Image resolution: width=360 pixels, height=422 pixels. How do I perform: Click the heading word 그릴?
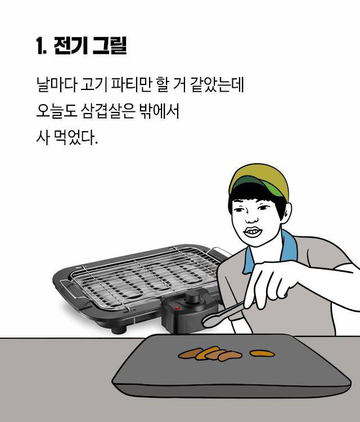click(109, 46)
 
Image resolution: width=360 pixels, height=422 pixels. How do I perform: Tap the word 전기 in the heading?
click(71, 46)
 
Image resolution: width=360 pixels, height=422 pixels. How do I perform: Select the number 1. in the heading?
click(41, 46)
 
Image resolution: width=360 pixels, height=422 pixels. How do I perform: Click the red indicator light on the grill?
click(177, 308)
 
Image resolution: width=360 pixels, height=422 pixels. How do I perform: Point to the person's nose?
click(251, 218)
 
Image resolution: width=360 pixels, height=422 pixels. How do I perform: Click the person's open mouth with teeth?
click(253, 232)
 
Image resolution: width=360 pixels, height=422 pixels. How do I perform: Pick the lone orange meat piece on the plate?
click(262, 353)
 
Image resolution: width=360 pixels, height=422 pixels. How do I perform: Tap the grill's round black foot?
click(119, 330)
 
